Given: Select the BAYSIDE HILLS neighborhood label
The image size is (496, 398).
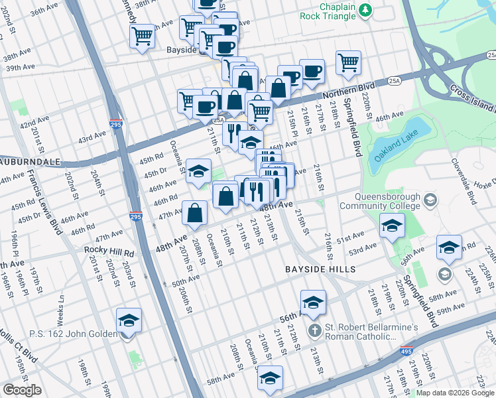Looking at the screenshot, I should (320, 269).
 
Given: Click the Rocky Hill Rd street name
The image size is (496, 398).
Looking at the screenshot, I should (109, 253).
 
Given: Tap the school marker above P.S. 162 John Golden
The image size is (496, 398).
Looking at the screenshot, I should (129, 320).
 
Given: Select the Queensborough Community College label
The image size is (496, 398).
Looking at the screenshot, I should (378, 201).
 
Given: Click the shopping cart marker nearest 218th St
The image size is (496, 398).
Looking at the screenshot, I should (348, 63).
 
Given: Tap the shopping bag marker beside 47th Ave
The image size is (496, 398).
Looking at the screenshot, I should (195, 213).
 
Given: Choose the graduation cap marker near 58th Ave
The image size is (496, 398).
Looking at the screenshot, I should (269, 378).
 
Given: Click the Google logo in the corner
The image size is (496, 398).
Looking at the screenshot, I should (23, 390).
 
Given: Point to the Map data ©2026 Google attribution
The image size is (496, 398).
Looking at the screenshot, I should (455, 393).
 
